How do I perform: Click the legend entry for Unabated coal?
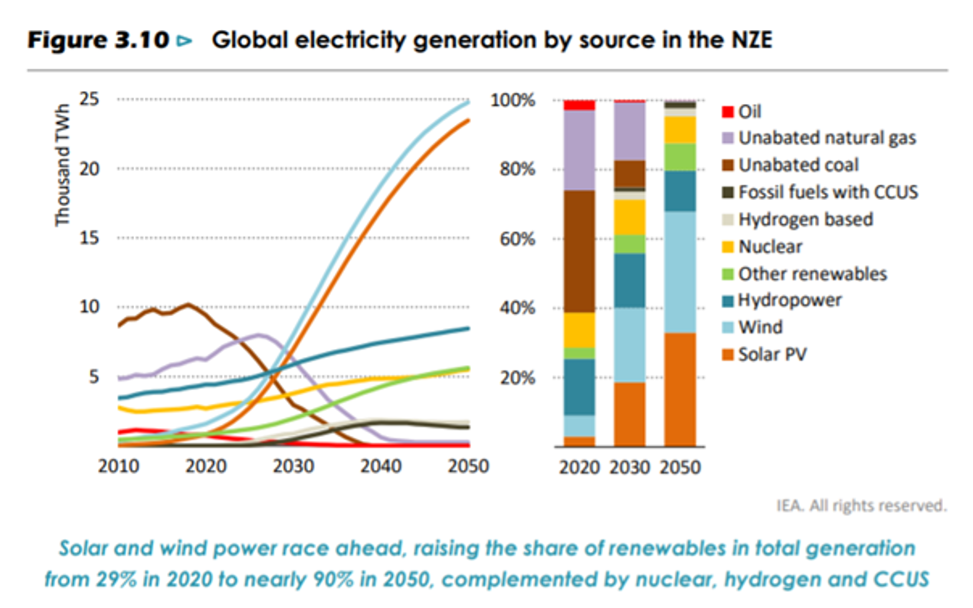(798, 165)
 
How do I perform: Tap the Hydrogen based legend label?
(805, 219)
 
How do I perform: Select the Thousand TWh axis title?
(63, 165)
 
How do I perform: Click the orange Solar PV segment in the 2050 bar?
(680, 389)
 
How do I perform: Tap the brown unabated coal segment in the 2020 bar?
(579, 251)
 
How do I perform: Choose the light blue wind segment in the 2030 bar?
(630, 345)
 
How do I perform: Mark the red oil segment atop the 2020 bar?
(579, 105)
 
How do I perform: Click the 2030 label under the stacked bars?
(630, 467)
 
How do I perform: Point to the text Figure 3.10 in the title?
(97, 41)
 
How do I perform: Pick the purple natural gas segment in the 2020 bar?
(579, 150)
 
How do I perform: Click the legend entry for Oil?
(749, 111)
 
